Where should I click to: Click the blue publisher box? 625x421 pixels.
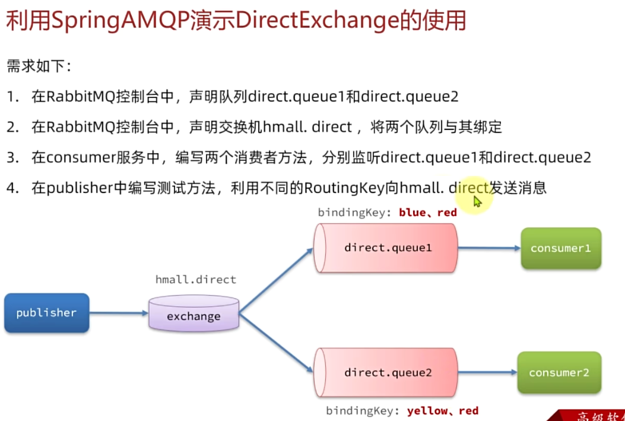[x=46, y=313]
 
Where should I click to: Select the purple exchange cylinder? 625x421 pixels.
[x=193, y=315]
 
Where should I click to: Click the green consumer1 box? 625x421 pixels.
[x=560, y=248]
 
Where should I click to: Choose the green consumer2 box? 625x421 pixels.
[x=559, y=373]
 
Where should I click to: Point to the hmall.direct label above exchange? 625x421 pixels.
[x=195, y=279]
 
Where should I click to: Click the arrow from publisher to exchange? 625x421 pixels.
[x=119, y=313]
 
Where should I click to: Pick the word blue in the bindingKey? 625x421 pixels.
[x=412, y=212]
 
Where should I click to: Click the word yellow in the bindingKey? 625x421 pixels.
[x=426, y=411]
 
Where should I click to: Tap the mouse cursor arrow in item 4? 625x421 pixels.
[x=477, y=201]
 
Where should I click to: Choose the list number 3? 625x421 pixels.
[x=12, y=157]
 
